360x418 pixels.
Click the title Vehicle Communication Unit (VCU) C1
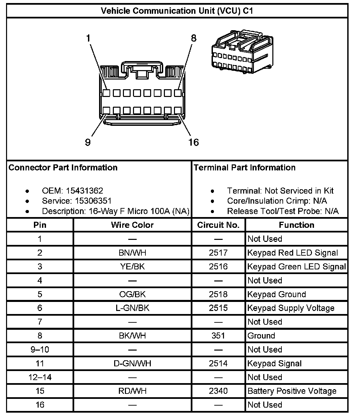tap(177, 11)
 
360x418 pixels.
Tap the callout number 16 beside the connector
tap(193, 142)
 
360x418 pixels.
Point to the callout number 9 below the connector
tap(88, 142)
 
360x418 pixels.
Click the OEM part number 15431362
tap(84, 191)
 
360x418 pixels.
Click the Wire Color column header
tap(132, 225)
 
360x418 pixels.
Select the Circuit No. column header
tap(218, 225)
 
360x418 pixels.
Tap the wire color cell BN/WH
tap(132, 253)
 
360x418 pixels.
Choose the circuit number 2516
tap(218, 267)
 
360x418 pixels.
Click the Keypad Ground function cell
tap(277, 294)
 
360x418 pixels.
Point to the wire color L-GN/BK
tap(132, 308)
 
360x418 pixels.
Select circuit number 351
tap(218, 335)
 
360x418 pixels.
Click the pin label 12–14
tap(40, 377)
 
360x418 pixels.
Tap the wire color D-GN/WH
tap(132, 363)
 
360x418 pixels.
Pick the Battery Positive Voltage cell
tap(292, 391)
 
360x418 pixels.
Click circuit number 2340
tap(218, 391)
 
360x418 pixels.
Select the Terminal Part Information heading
tap(244, 167)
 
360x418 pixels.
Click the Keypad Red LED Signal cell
tap(292, 253)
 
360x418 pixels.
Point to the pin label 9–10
tap(40, 350)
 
